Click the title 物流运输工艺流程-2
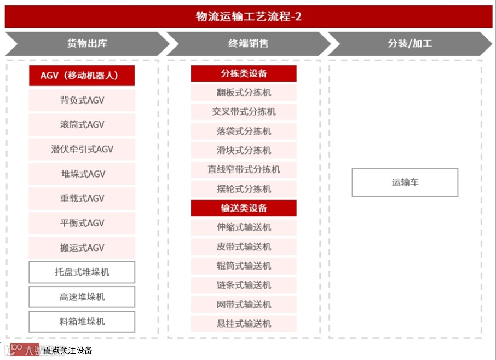(x=249, y=16)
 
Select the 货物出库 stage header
(x=87, y=44)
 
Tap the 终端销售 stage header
(x=248, y=44)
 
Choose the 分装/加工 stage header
(x=410, y=44)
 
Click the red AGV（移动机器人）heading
(x=82, y=76)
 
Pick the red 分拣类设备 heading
(x=244, y=73)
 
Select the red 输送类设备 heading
(x=244, y=208)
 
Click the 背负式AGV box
(x=82, y=100)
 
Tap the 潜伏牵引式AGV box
(x=82, y=149)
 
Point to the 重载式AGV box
(x=82, y=198)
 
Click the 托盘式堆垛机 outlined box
(x=82, y=272)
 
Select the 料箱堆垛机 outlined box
(x=82, y=322)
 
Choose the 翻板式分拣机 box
(x=244, y=93)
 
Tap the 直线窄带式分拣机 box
(x=244, y=169)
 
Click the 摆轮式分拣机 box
(x=244, y=189)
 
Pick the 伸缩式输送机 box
(x=244, y=227)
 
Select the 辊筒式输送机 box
(x=244, y=266)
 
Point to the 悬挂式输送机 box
(x=244, y=323)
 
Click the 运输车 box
(x=405, y=182)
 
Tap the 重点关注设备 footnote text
(x=68, y=351)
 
